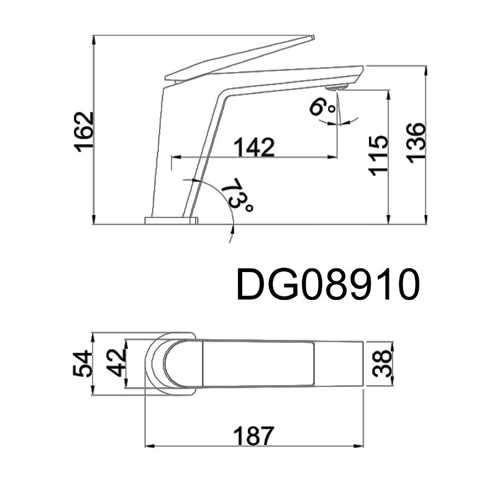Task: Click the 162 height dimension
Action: [x=84, y=132]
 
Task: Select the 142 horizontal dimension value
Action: [x=254, y=147]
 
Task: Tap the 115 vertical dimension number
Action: [x=378, y=156]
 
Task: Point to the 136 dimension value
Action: [x=416, y=143]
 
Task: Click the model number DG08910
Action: [x=328, y=284]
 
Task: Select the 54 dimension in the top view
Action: [x=83, y=363]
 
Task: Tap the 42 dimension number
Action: [x=116, y=363]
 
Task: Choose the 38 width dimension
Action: [x=382, y=364]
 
